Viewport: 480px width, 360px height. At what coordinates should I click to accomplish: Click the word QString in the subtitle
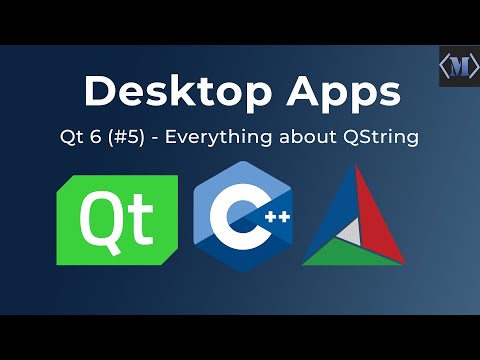tap(381, 137)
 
